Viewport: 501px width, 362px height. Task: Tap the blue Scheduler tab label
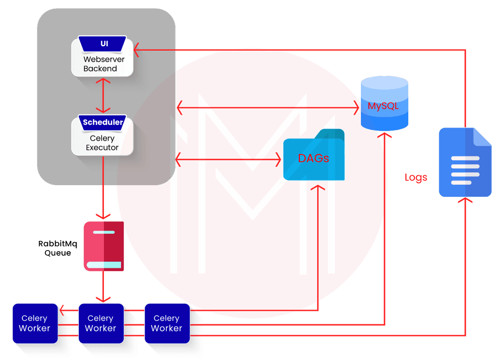103,123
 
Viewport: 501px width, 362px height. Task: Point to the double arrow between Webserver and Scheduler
103,95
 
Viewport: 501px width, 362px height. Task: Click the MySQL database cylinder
385,103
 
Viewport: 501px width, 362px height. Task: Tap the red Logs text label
416,177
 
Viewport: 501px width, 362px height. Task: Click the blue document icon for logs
465,162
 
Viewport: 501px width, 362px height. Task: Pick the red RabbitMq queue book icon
103,246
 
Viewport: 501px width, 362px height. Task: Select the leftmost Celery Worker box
35,323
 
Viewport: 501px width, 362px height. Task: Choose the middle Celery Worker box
101,323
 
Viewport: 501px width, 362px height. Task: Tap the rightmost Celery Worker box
167,323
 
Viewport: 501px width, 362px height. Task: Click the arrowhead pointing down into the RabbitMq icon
103,215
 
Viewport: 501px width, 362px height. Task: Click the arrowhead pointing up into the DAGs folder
318,187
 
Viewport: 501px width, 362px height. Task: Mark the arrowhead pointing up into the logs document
465,201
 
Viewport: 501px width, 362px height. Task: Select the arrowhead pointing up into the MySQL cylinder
385,135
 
